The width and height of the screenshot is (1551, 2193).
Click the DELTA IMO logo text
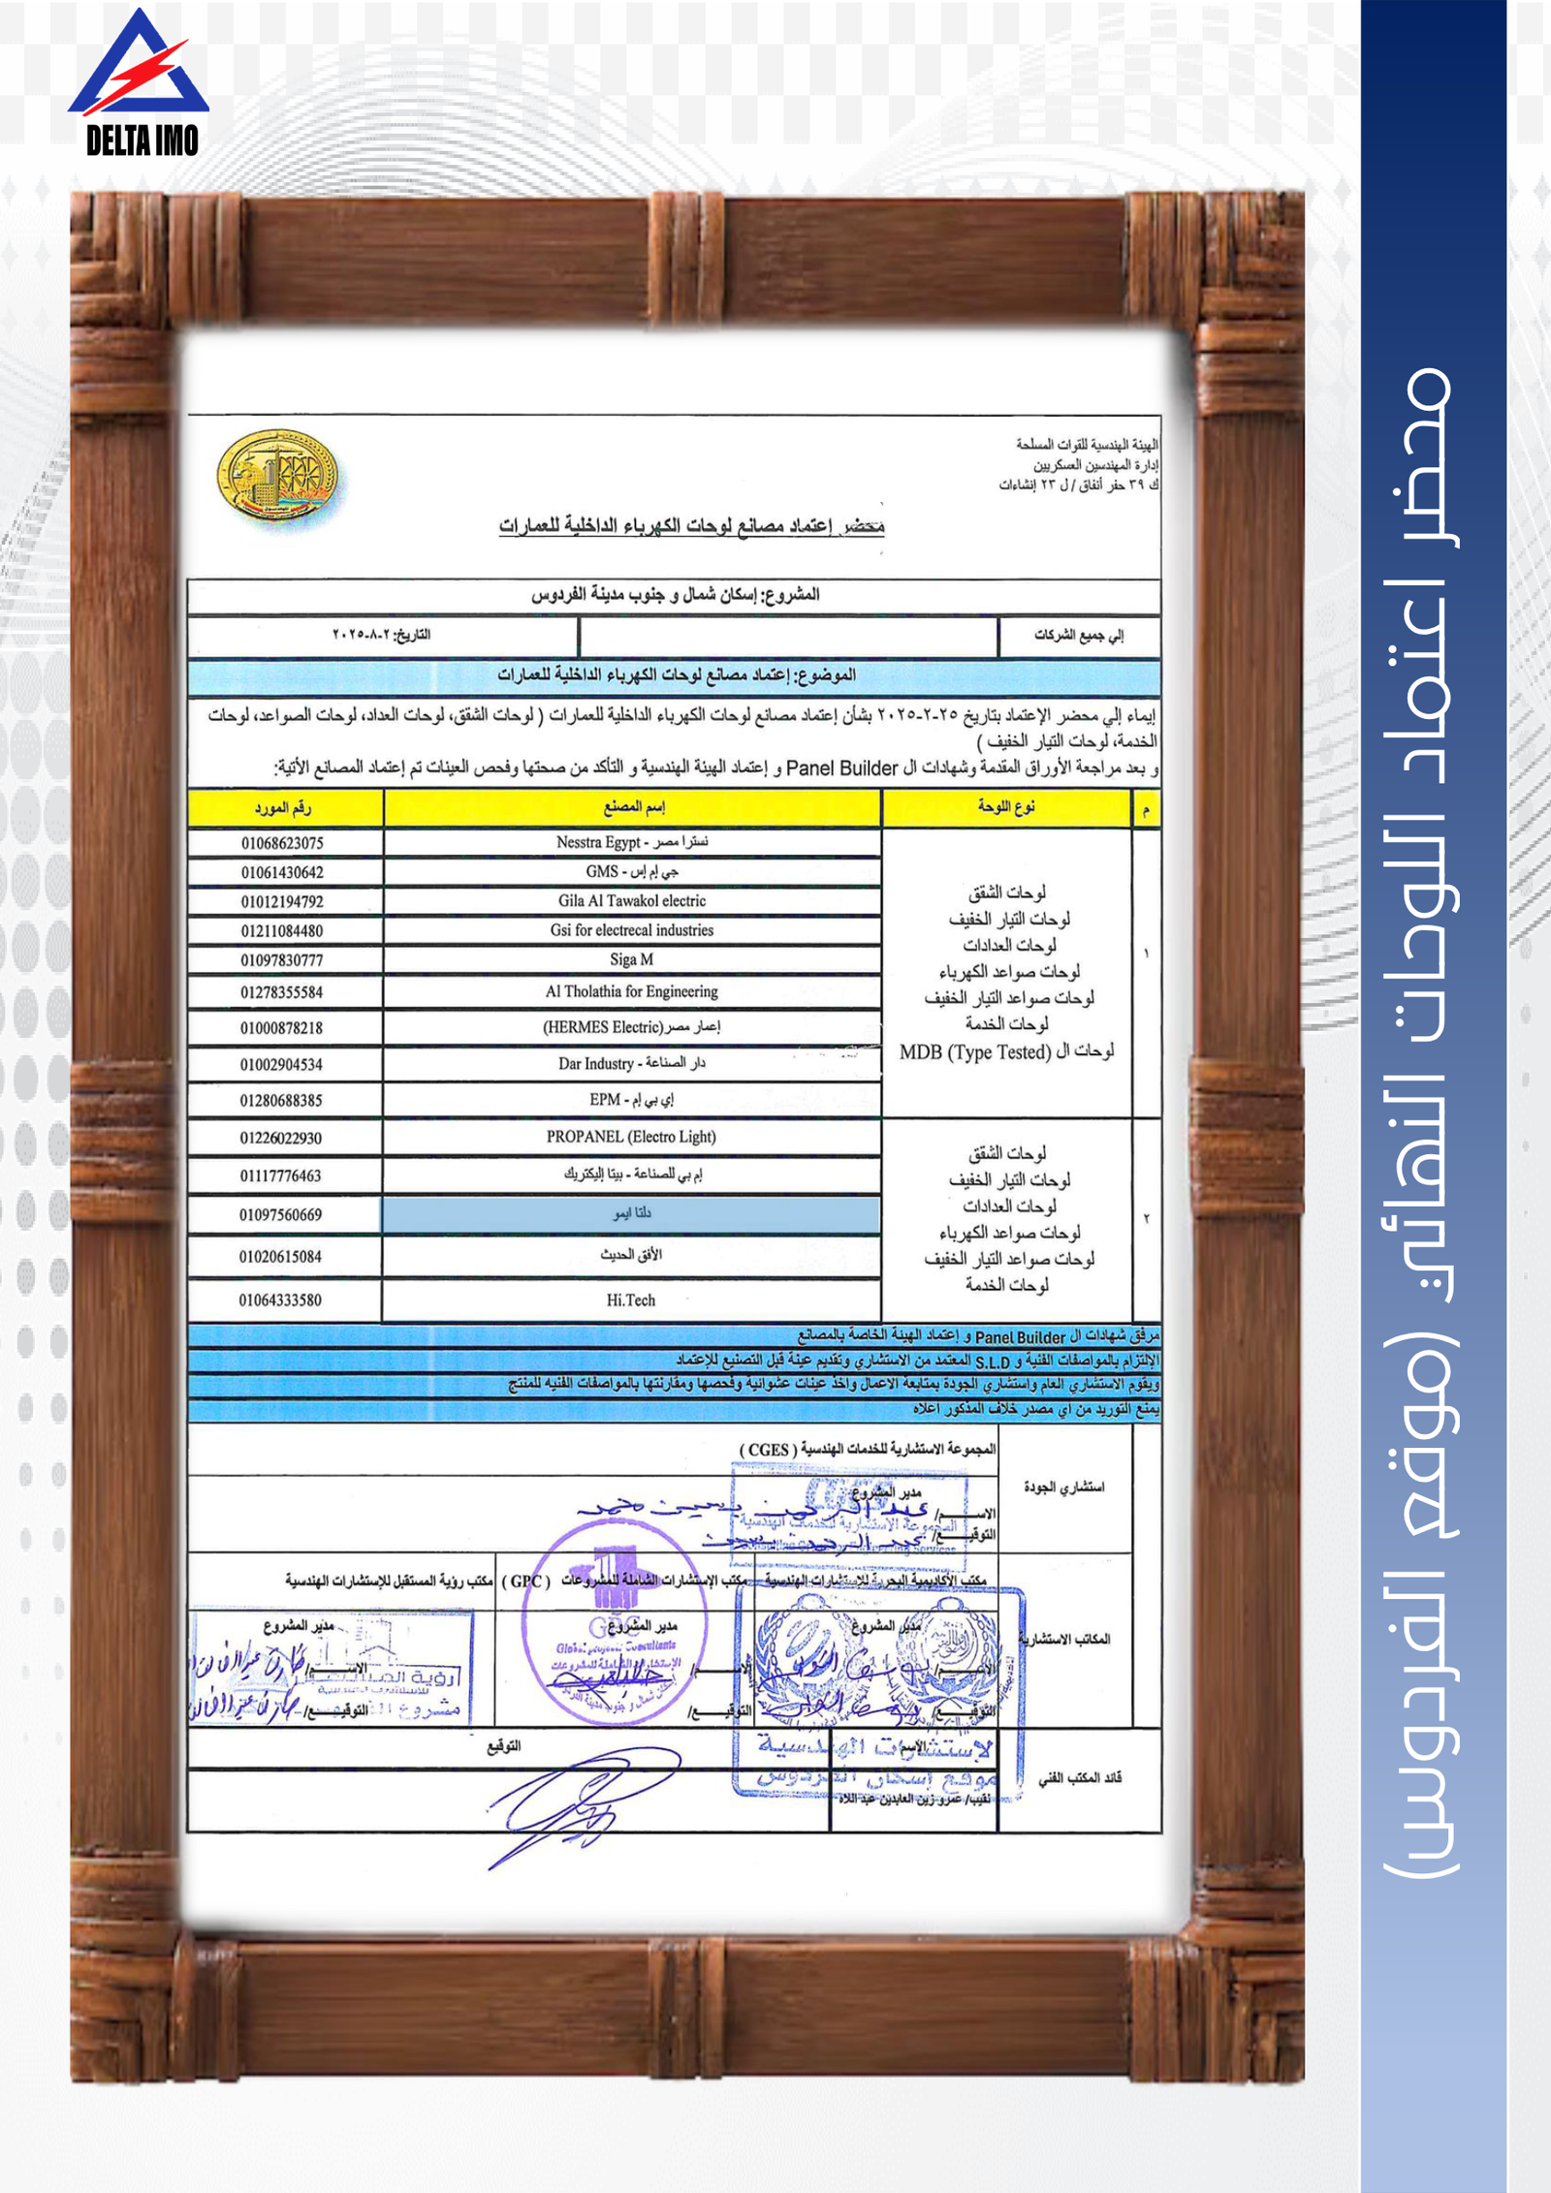coord(142,141)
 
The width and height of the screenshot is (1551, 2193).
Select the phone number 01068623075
coord(282,843)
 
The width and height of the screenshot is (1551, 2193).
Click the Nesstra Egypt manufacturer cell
coord(632,842)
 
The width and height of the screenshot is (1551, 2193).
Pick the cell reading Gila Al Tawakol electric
coord(632,901)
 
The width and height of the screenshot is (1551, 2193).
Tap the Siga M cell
coord(632,959)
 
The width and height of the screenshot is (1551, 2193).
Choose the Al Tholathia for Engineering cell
coord(632,991)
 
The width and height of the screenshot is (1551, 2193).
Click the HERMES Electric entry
coord(632,1027)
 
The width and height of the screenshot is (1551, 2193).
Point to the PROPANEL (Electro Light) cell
coord(632,1137)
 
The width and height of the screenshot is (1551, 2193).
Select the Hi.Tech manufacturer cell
coord(631,1300)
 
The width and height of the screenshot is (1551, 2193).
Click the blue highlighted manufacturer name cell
coord(632,1214)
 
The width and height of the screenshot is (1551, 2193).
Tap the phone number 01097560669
coord(281,1215)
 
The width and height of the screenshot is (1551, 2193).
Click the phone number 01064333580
coord(281,1300)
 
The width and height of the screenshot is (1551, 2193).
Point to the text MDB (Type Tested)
coord(975,1052)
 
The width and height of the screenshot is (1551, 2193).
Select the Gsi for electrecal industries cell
coord(632,930)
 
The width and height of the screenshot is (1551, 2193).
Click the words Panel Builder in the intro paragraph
coord(842,768)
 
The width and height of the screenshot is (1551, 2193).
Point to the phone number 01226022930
coord(281,1138)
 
